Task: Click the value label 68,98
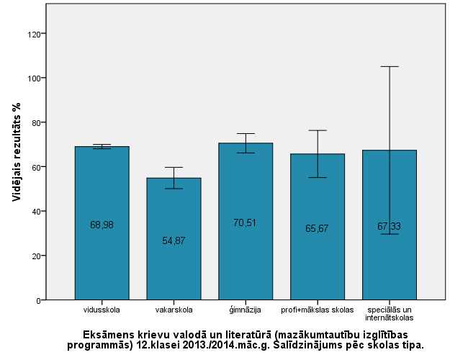pyautogui.click(x=102, y=225)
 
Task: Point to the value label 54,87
pyautogui.click(x=174, y=240)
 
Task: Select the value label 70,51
pyautogui.click(x=246, y=223)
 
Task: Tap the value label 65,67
pyautogui.click(x=318, y=228)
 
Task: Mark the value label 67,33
pyautogui.click(x=390, y=226)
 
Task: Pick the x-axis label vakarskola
pyautogui.click(x=174, y=310)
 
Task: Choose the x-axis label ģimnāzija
pyautogui.click(x=246, y=310)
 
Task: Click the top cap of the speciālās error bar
pyautogui.click(x=390, y=67)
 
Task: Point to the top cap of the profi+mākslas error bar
pyautogui.click(x=318, y=130)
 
